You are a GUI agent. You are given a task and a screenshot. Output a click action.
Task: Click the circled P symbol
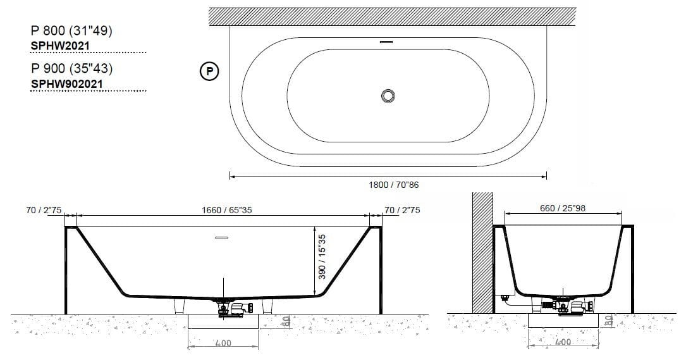click(x=209, y=71)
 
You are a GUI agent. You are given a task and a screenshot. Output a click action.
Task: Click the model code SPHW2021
click(x=60, y=46)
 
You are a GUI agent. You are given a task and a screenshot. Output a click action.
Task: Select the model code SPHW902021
click(x=68, y=83)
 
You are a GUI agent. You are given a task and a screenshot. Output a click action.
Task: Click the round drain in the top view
click(x=388, y=96)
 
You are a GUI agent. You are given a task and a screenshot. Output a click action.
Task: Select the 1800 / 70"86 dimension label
click(x=394, y=185)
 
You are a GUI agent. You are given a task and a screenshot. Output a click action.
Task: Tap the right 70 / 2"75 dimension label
click(x=402, y=210)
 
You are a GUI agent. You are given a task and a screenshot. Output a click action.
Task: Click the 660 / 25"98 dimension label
click(x=563, y=209)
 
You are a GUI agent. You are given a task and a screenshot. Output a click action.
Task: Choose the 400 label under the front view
click(x=223, y=344)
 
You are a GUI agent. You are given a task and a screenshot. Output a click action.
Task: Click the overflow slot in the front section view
click(x=223, y=238)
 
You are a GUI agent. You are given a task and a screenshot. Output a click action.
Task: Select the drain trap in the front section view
click(x=231, y=310)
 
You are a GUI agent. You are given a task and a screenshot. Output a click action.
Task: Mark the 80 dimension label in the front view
click(x=285, y=322)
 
